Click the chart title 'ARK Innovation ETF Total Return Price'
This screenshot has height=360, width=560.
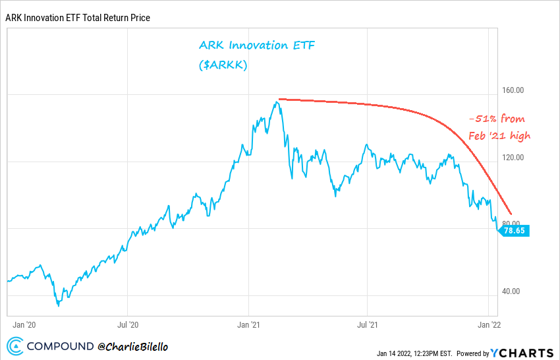coord(78,18)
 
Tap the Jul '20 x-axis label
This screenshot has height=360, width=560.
coord(128,324)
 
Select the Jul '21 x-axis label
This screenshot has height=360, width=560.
coord(367,324)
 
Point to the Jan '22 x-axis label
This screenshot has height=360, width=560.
coord(488,324)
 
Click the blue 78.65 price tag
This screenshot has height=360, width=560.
coord(514,231)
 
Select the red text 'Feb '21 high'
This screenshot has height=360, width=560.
coord(499,136)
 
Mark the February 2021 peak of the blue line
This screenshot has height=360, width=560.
coord(279,102)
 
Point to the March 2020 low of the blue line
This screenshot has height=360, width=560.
coord(59,305)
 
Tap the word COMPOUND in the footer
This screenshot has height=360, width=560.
coord(61,345)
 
